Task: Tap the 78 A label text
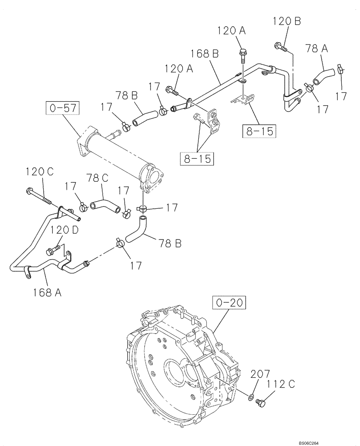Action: tap(317, 49)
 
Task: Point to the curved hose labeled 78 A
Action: tap(322, 74)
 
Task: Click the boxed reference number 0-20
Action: tap(230, 303)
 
